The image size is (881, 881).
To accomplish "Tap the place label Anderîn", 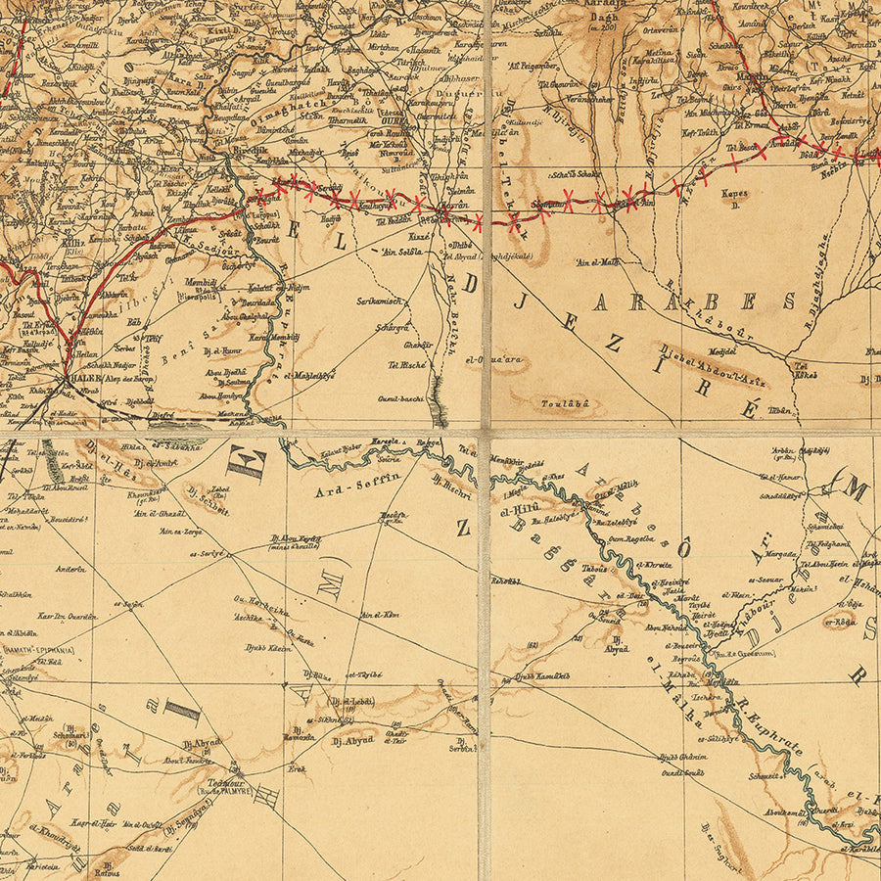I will [x=70, y=569].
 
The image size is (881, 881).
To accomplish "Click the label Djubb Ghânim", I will [x=681, y=756].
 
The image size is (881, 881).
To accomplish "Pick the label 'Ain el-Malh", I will [x=598, y=261].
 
